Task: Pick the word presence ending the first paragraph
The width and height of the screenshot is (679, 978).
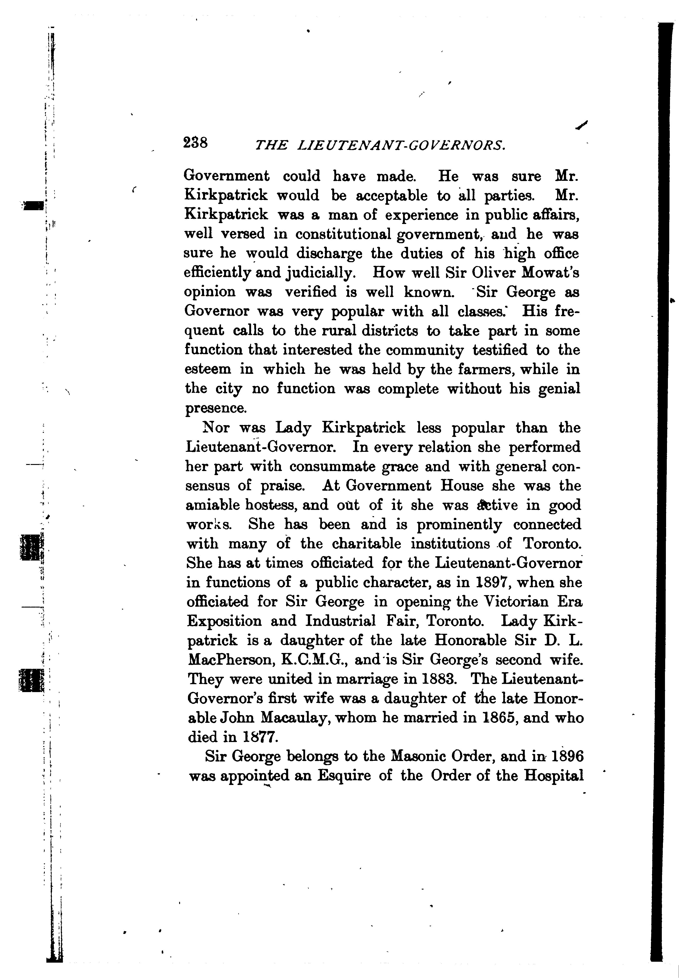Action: pyautogui.click(x=216, y=408)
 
